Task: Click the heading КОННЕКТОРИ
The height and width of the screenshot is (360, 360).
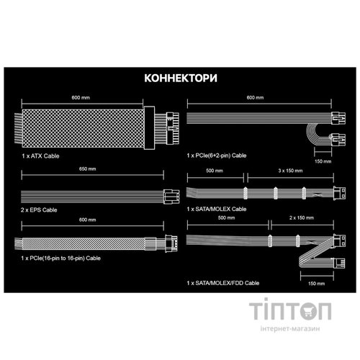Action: click(x=181, y=78)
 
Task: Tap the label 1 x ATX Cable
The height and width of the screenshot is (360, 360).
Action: click(x=40, y=156)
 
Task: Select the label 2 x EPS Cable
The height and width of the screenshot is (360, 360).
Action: click(x=39, y=210)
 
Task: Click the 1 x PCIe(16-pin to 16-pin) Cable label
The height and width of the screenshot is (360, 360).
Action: click(x=60, y=258)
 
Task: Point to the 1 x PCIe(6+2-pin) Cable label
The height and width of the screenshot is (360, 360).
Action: click(x=217, y=156)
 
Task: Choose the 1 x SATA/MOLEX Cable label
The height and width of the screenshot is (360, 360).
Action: click(x=217, y=209)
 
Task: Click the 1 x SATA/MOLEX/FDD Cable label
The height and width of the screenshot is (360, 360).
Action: click(x=223, y=283)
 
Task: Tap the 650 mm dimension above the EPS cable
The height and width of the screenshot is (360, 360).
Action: click(x=88, y=168)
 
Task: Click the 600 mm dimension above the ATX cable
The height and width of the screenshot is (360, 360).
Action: click(x=81, y=97)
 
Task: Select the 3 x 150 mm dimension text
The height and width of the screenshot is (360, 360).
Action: click(x=290, y=171)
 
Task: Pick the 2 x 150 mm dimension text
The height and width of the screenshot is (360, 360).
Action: click(x=302, y=217)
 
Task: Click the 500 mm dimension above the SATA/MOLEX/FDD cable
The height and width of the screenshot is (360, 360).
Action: click(x=227, y=217)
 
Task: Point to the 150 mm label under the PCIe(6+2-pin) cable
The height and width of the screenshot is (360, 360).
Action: click(x=323, y=161)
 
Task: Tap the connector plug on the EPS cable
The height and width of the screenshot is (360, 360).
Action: click(x=171, y=197)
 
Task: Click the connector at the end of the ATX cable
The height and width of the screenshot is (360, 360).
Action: click(x=173, y=128)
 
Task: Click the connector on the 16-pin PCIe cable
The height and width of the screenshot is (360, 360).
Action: click(x=171, y=243)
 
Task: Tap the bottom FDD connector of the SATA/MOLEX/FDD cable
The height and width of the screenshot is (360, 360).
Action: click(x=338, y=263)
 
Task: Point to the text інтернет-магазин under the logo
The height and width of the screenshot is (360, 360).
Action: click(x=290, y=328)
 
